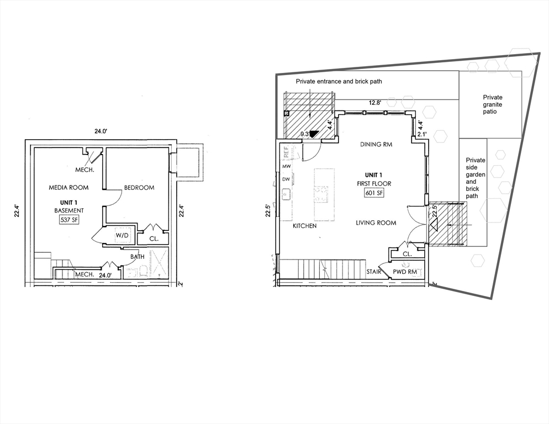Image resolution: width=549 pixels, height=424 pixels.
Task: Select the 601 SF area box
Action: click(x=374, y=193)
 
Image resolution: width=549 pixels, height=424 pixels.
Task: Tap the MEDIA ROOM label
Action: click(x=68, y=188)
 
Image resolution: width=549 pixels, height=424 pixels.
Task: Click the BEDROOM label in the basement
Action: click(x=139, y=188)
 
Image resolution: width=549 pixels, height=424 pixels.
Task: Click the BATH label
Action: click(x=138, y=257)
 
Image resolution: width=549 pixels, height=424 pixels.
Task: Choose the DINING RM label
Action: click(x=376, y=145)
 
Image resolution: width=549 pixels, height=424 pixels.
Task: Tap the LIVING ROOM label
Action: click(x=376, y=223)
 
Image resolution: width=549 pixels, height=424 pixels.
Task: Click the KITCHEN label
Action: click(x=305, y=226)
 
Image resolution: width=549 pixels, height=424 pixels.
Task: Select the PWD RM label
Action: click(x=404, y=272)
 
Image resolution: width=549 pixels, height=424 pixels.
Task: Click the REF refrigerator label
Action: click(x=286, y=150)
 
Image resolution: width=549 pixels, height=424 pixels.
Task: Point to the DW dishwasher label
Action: click(x=286, y=179)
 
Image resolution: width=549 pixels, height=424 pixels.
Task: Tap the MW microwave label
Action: click(x=286, y=166)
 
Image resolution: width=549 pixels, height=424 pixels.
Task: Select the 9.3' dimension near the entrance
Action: click(x=303, y=134)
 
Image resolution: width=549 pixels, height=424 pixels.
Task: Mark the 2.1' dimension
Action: click(x=422, y=134)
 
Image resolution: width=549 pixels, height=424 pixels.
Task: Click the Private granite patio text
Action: click(x=493, y=104)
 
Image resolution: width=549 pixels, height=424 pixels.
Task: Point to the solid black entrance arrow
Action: click(x=314, y=133)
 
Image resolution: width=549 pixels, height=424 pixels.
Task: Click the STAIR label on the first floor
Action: click(x=374, y=272)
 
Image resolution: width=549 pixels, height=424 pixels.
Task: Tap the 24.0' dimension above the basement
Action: click(x=101, y=131)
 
